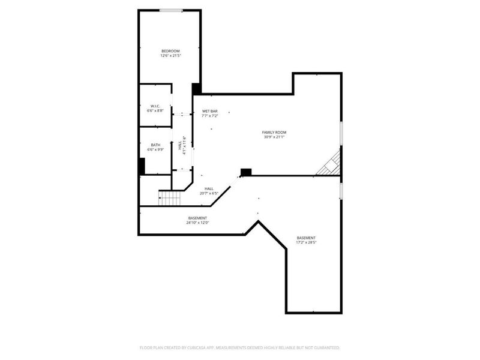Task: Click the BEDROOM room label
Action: click(x=170, y=50)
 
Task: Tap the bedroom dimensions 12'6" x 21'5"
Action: click(x=170, y=56)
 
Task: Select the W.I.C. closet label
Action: click(x=154, y=107)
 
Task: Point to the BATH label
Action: click(x=155, y=145)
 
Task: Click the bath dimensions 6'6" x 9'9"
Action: click(x=155, y=149)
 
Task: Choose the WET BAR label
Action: click(x=209, y=111)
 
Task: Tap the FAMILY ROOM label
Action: click(x=274, y=132)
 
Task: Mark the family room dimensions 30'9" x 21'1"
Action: click(x=274, y=137)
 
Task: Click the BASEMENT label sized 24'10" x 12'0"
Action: click(x=197, y=218)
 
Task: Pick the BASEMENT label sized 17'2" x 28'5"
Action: click(x=306, y=238)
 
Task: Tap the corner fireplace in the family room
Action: click(x=331, y=164)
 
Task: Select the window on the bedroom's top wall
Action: click(x=171, y=10)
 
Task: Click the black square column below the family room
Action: click(x=245, y=172)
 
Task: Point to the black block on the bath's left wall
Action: click(x=142, y=166)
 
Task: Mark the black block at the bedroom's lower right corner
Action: click(x=196, y=89)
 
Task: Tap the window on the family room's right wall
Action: click(x=341, y=133)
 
